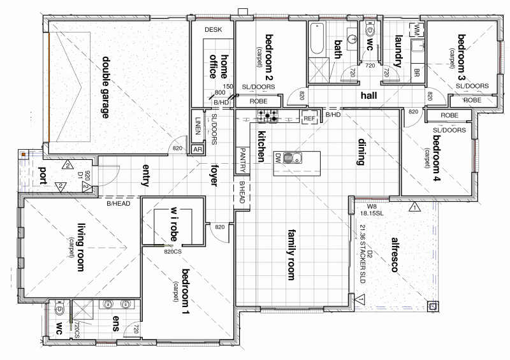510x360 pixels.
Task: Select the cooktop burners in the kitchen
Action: click(x=268, y=116)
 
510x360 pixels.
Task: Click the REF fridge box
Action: click(x=309, y=119)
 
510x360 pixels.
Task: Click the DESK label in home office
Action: click(x=212, y=30)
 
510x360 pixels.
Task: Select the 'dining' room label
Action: click(x=361, y=152)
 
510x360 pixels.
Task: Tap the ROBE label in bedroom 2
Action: click(x=258, y=101)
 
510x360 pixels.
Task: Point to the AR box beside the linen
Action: click(x=198, y=149)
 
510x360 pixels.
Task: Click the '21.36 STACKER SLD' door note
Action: click(x=363, y=249)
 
